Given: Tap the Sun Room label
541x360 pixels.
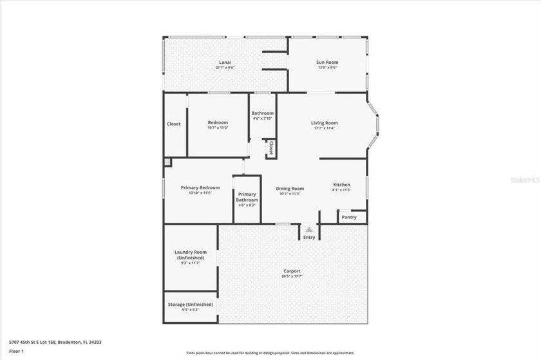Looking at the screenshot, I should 327,62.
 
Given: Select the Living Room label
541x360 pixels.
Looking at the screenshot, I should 324,122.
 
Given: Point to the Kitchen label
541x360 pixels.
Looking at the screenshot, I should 341,185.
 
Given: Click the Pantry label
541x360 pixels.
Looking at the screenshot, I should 348,217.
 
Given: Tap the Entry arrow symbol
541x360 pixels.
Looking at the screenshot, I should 309,229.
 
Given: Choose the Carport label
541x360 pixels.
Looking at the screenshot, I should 291,271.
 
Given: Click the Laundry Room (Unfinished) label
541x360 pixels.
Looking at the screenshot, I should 191,254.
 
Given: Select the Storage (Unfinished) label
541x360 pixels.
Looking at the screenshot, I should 191,304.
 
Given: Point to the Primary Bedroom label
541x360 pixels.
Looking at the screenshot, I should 204,187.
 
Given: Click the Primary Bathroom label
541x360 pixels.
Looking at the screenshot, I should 247,197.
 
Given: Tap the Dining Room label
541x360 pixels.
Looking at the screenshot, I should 290,189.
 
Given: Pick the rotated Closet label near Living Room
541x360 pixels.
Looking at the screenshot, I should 271,148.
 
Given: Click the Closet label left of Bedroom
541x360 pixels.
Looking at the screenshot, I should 174,124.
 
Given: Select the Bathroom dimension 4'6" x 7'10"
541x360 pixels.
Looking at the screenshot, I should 262,118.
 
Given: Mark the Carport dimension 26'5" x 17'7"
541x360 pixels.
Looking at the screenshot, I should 291,276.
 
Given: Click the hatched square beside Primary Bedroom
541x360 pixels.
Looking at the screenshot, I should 167,163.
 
